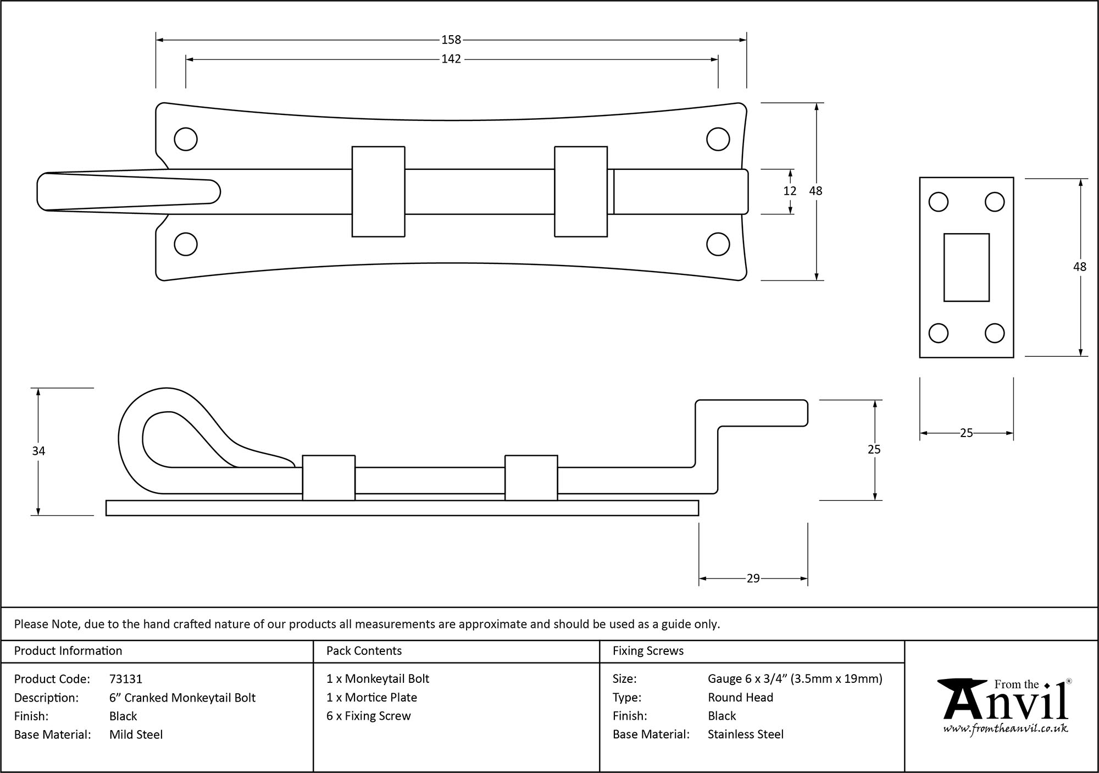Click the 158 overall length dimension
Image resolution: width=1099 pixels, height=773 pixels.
451,40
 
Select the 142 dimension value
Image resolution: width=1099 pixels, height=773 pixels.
451,59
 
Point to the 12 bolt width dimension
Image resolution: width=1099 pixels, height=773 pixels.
790,191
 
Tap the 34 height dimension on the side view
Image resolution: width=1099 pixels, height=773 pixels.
38,451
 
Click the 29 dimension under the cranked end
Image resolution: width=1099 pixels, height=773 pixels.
753,578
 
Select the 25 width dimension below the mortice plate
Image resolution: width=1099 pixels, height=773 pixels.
966,433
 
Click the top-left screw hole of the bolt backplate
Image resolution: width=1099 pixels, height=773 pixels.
186,139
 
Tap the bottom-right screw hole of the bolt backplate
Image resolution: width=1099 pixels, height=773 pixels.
718,244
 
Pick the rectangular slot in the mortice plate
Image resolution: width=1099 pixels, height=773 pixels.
966,267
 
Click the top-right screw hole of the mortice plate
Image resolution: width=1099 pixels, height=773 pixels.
995,202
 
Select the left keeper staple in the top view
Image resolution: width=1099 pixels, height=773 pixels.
378,191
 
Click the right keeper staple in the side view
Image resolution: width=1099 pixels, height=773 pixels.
531,477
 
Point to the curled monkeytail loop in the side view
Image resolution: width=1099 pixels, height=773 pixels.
159,434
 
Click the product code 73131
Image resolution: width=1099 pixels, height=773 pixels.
126,679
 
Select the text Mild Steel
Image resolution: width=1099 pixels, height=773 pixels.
136,735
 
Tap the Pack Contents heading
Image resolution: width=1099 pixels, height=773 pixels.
364,651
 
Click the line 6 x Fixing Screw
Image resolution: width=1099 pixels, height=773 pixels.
368,716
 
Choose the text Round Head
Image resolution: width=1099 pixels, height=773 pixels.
740,698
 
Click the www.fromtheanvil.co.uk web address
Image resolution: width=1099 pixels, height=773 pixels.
1005,729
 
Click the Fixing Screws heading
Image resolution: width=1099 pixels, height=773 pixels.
648,651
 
